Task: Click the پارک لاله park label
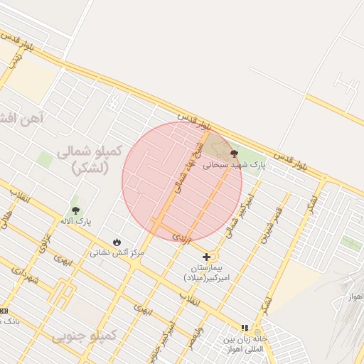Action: (75, 222)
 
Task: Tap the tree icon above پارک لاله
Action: (75, 210)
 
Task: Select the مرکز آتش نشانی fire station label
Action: (117, 252)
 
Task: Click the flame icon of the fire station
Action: (117, 242)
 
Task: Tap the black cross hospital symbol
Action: (207, 257)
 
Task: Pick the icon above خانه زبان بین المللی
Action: (245, 328)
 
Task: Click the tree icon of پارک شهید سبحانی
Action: (234, 154)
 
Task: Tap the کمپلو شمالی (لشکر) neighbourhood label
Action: (90, 159)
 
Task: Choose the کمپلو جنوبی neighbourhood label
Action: (83, 333)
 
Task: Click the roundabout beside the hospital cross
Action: (213, 257)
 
